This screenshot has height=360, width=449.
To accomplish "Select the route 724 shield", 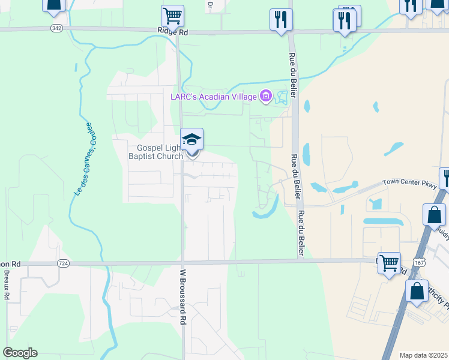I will tap(62, 263).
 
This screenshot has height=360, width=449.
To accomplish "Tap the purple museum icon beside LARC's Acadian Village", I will tap(265, 96).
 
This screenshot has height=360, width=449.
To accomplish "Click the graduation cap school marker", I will tap(191, 140).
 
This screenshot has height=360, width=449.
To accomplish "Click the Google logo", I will tap(20, 353).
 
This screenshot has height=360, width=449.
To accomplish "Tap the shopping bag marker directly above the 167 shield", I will tap(434, 215).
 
